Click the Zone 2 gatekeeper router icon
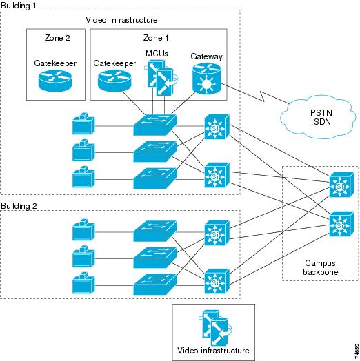coord(55,81)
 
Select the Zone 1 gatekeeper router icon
coord(114,81)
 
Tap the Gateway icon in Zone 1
coord(206,79)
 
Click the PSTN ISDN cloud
coord(318,117)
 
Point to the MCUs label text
coord(157,54)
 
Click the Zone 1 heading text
coord(156,38)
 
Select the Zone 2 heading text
coord(57,38)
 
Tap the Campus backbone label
coord(321,267)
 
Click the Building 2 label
coord(19,206)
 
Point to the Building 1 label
coord(19,6)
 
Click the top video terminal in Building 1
coord(83,123)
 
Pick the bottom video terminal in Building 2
coord(83,283)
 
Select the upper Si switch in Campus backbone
coord(341,185)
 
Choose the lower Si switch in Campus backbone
coord(341,224)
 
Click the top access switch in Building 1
coord(155,125)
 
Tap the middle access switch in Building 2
coord(155,258)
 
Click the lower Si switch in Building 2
coord(217,281)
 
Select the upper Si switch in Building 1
coord(217,127)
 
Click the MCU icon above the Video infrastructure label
coord(215,327)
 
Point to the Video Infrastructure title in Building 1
coord(121,20)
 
